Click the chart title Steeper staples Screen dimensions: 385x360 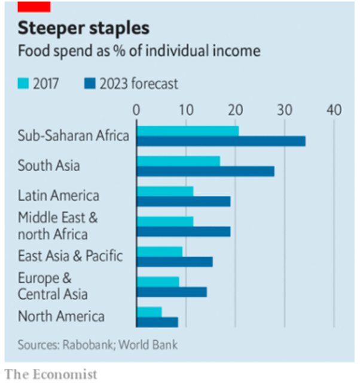click(x=83, y=28)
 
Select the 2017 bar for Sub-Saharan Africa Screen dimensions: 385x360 click(x=188, y=130)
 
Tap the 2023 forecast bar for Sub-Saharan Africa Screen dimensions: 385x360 click(x=221, y=141)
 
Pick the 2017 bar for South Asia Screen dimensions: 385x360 click(x=178, y=160)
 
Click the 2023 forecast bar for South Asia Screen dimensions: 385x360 click(x=205, y=171)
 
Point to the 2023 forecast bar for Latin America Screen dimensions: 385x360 click(x=183, y=201)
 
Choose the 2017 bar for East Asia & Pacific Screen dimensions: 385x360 click(x=159, y=251)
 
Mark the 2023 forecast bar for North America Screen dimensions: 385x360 click(x=157, y=322)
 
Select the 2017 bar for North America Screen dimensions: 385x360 click(x=149, y=311)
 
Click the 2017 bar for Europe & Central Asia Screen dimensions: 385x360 click(x=158, y=281)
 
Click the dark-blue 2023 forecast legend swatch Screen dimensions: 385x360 click(x=89, y=83)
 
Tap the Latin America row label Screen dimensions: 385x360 click(x=58, y=196)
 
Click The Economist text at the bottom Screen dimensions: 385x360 click(x=51, y=375)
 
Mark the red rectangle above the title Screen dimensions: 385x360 click(x=34, y=6)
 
